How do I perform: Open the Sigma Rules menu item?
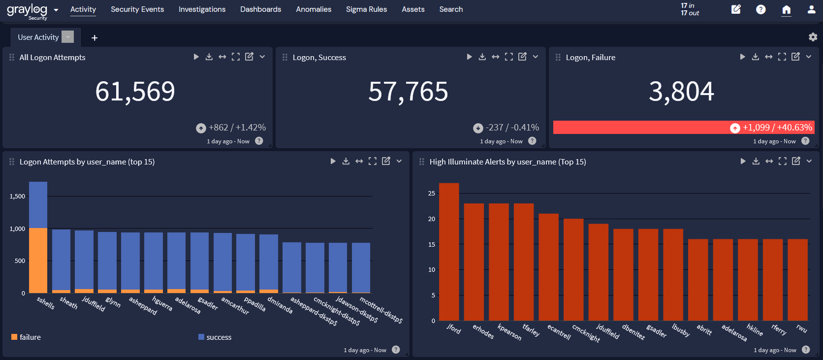pos(366,9)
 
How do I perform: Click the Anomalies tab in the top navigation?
pos(314,9)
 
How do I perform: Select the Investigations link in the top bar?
pos(202,9)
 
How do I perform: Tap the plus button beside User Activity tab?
pos(95,38)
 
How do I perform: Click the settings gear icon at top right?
pos(813,37)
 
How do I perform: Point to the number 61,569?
pos(135,92)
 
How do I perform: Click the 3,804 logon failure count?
pos(681,92)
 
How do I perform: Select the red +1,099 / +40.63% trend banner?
pos(684,128)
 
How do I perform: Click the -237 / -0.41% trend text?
pos(512,128)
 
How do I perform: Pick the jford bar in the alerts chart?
pos(449,252)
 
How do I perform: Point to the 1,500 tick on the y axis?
pos(17,196)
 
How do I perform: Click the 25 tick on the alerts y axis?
pos(432,194)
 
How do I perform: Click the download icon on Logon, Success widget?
pos(482,57)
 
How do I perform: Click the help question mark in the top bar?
pos(760,9)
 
